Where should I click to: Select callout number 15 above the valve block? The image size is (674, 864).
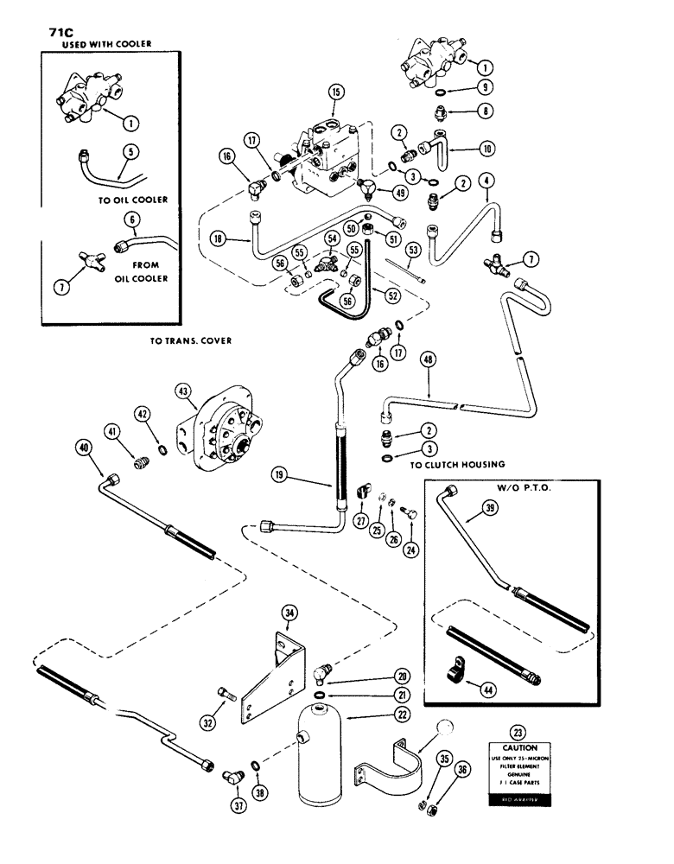pos(336,92)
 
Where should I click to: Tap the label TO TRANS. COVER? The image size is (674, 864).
pos(190,340)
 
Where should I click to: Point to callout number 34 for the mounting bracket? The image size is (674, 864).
pos(289,614)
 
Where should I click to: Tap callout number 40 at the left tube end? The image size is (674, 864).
pos(84,448)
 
